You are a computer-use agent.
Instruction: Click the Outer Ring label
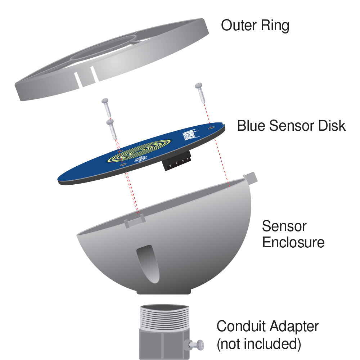pyautogui.click(x=255, y=26)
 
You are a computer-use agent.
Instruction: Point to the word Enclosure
pyautogui.click(x=293, y=242)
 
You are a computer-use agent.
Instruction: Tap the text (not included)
pyautogui.click(x=258, y=344)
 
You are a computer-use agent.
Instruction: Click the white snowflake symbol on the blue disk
pyautogui.click(x=141, y=159)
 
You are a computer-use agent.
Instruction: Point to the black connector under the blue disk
pyautogui.click(x=177, y=164)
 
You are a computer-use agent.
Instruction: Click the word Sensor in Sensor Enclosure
pyautogui.click(x=284, y=226)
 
